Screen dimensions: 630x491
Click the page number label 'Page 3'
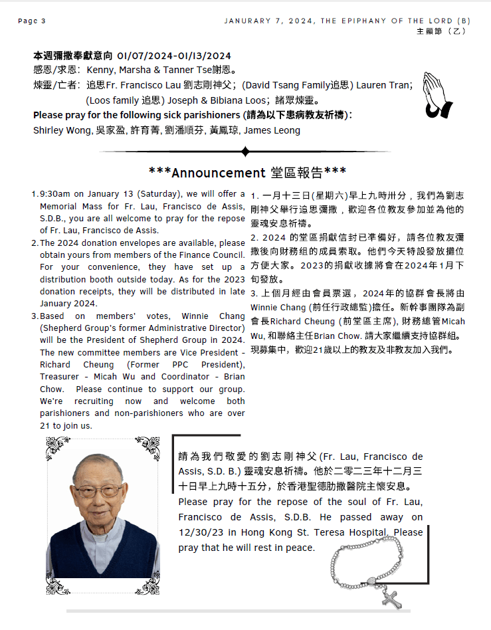coord(31,21)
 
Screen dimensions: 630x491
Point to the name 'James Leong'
coord(272,130)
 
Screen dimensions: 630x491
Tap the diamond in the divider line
coord(245,152)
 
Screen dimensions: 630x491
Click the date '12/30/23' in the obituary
coord(200,532)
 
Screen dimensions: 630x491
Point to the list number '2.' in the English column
coord(35,243)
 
